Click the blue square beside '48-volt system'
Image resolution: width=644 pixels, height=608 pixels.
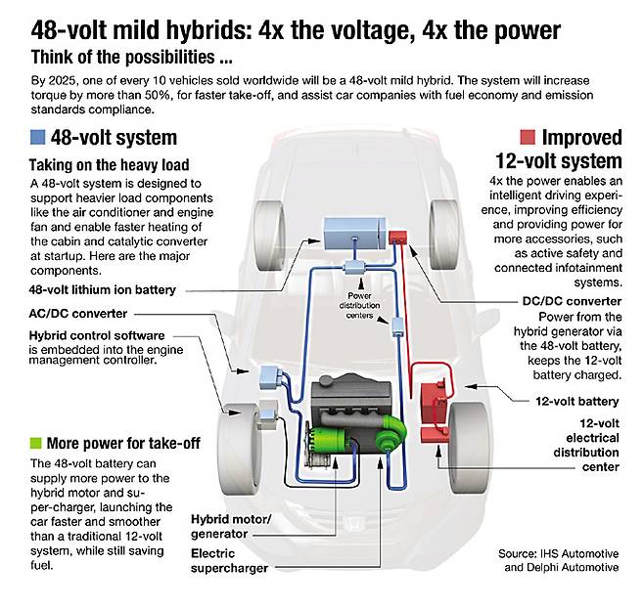point(37,137)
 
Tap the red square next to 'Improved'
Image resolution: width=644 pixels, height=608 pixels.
point(528,137)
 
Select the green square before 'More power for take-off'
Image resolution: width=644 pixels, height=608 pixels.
point(36,443)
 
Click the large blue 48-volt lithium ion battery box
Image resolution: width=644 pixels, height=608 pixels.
point(355,234)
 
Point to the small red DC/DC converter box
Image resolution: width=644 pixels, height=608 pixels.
point(397,237)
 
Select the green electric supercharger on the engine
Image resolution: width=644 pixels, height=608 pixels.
point(391,432)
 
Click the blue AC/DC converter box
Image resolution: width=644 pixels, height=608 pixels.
point(270,377)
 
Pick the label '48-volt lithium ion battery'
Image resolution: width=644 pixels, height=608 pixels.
point(102,290)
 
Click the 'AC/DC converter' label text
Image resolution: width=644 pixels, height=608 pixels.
point(78,314)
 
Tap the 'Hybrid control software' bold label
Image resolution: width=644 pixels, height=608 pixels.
point(97,335)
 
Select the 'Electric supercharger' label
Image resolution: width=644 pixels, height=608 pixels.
point(229,561)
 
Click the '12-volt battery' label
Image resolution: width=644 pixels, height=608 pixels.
point(577,401)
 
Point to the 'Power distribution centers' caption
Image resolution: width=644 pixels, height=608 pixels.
point(359,305)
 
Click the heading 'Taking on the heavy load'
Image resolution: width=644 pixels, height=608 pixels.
point(109,165)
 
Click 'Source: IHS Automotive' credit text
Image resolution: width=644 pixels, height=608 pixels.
point(558,553)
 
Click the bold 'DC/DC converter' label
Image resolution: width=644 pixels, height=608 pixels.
point(572,301)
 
